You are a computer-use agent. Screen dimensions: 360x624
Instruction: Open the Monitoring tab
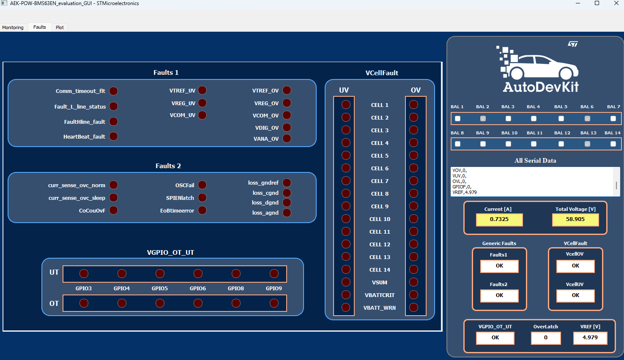pos(13,27)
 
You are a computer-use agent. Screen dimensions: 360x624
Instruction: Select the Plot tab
pos(60,27)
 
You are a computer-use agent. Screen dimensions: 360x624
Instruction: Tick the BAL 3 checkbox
pos(508,119)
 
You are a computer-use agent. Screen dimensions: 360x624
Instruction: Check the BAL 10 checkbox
pos(508,144)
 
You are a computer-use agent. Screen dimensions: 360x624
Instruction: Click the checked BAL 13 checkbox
pos(587,144)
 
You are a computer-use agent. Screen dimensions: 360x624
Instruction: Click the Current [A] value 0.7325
pos(499,220)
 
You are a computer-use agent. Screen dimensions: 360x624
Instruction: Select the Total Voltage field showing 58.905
pos(575,220)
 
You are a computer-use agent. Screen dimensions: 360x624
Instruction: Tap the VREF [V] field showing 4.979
pos(590,338)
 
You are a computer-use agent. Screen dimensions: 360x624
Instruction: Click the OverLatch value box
pos(546,338)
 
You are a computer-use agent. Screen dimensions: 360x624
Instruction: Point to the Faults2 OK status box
pos(499,296)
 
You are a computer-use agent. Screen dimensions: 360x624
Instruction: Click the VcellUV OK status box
pos(575,296)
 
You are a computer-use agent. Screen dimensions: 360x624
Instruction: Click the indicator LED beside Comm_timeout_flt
pos(114,91)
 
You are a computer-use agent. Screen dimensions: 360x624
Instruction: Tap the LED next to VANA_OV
pos(287,139)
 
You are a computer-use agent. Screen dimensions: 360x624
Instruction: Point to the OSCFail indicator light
pos(203,185)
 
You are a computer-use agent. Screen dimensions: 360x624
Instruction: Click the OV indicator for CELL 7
pos(414,181)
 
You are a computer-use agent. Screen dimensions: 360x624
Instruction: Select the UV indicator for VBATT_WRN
pos(346,308)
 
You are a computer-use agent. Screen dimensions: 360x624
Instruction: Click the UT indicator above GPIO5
pos(160,274)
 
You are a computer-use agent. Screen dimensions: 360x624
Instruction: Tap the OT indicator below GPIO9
pos(274,303)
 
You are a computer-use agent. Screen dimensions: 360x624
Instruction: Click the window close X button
pos(616,3)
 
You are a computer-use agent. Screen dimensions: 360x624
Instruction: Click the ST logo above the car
pos(573,44)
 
